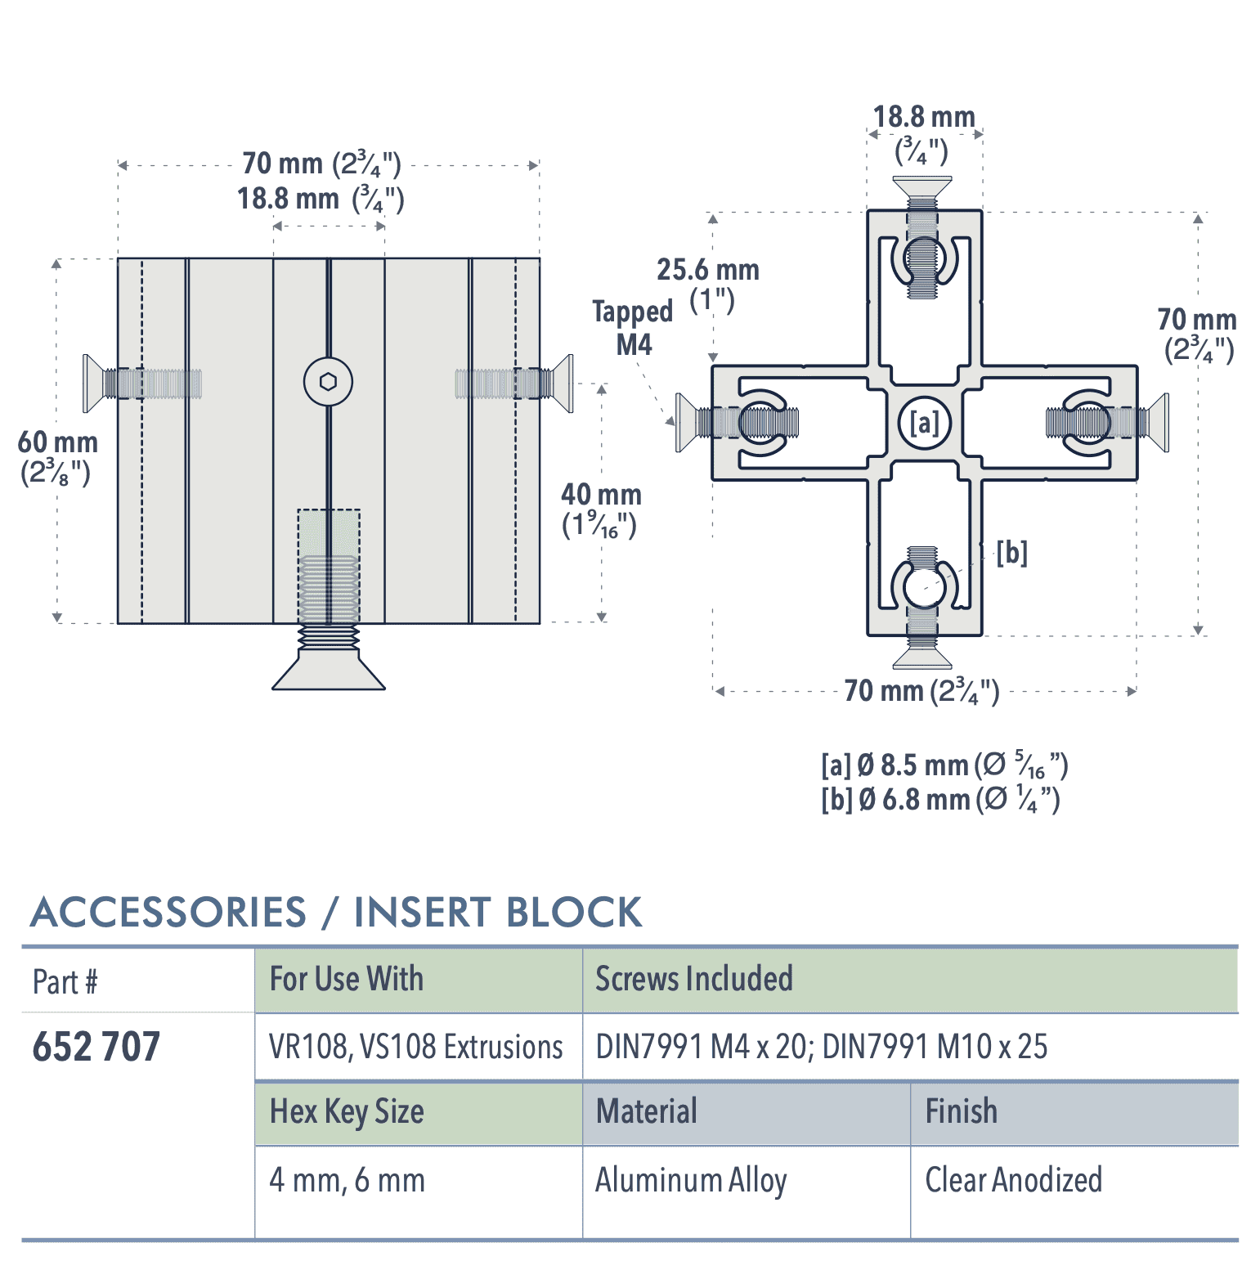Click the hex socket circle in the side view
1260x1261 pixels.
[x=328, y=382]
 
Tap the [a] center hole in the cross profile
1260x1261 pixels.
[x=925, y=423]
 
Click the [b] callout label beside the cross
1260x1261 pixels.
[x=1011, y=554]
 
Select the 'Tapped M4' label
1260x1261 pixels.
[x=633, y=328]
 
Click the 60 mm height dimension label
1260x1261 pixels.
[x=57, y=457]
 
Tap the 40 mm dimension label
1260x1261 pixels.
[x=601, y=509]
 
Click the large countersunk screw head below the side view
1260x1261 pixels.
[x=329, y=671]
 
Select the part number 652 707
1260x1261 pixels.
[x=96, y=1047]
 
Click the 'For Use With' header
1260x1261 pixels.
[x=347, y=979]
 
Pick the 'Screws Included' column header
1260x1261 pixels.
[x=693, y=979]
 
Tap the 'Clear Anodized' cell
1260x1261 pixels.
[x=1013, y=1180]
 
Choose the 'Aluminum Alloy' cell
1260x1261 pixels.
[x=691, y=1180]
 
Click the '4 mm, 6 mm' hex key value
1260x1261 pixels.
[x=347, y=1180]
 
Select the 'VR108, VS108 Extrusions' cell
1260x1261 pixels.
[x=415, y=1047]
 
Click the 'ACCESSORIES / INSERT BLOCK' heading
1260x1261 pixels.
[x=336, y=912]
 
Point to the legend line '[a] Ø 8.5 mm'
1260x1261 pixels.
[x=944, y=765]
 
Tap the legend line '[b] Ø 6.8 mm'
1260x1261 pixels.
[x=940, y=799]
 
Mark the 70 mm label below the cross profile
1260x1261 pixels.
[x=921, y=691]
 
